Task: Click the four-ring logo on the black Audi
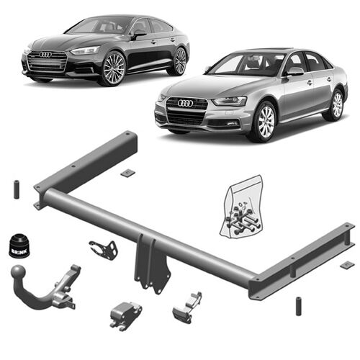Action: [46, 55]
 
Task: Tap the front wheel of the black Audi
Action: [114, 70]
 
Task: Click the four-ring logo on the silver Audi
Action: [185, 103]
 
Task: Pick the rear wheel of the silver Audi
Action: [336, 104]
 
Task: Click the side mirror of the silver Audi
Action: [294, 72]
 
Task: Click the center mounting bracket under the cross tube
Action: [153, 264]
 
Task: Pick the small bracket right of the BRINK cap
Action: [104, 250]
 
